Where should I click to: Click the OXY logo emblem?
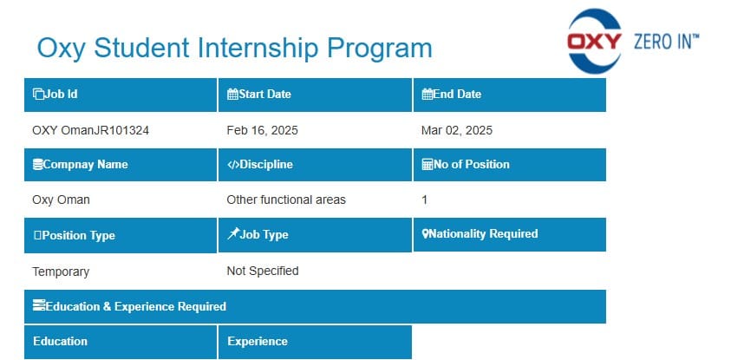tap(594, 41)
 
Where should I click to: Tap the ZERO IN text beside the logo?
tap(666, 42)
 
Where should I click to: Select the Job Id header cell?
tap(121, 95)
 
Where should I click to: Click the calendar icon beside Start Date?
tap(232, 95)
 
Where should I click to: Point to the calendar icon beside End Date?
tap(427, 95)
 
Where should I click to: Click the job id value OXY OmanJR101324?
tap(90, 131)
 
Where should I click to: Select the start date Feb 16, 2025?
tap(262, 131)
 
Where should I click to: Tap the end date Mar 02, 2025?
tap(456, 131)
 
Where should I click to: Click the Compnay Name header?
tap(121, 165)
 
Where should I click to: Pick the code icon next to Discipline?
tap(233, 165)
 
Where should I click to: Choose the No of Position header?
tap(510, 165)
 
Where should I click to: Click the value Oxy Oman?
tap(61, 200)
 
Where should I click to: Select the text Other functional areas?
tap(286, 200)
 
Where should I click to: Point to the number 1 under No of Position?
tap(424, 200)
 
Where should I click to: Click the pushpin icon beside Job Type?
tap(233, 233)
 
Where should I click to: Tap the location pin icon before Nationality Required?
tap(425, 233)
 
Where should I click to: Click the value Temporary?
tap(61, 272)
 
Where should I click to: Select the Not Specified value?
tap(263, 271)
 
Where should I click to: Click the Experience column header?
tap(315, 342)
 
